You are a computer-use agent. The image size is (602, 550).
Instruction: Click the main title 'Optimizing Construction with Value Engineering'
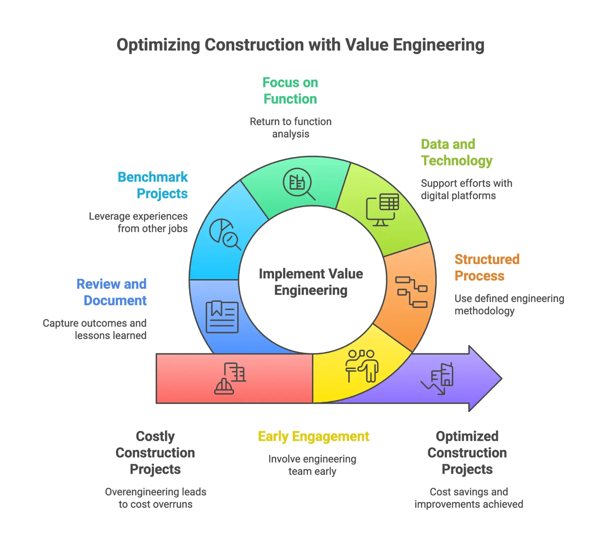[300, 45]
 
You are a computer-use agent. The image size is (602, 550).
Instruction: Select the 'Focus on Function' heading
[290, 91]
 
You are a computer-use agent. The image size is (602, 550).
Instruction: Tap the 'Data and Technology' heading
[456, 152]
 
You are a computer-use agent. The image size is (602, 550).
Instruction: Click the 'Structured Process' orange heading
[487, 267]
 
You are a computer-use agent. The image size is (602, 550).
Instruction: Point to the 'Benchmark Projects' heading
[153, 185]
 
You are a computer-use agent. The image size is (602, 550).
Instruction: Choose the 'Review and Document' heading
[112, 292]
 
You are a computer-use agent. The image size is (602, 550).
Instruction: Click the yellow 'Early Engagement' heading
[313, 436]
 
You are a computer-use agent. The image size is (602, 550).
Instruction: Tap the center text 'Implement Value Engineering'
[311, 282]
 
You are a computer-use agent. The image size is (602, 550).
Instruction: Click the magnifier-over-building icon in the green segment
[299, 184]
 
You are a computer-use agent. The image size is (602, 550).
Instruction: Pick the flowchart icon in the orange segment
[411, 292]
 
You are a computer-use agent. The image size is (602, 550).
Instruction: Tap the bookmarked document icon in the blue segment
[222, 317]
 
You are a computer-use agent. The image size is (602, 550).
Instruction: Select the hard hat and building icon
[230, 379]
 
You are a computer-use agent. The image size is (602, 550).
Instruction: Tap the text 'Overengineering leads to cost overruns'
[156, 498]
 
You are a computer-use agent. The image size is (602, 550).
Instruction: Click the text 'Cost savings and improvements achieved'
[469, 498]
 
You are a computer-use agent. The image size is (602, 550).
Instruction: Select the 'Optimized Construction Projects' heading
[467, 453]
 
